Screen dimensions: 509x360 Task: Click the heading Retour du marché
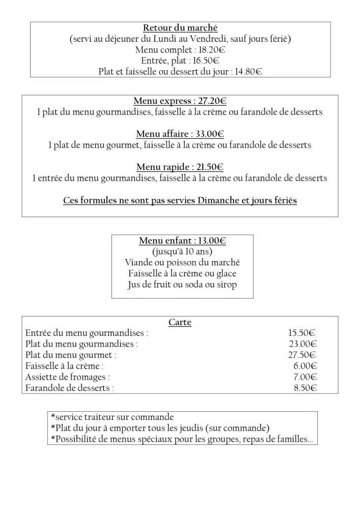(180, 28)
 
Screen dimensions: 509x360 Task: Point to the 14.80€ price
(248, 72)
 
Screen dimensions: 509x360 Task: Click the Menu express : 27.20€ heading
(180, 101)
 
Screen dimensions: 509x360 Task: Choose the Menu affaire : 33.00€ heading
(180, 134)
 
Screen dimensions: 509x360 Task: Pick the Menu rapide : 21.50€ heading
(180, 167)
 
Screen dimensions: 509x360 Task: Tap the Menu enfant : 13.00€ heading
(182, 241)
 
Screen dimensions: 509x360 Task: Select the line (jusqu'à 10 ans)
(182, 251)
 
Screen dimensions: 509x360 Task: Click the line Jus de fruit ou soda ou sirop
(182, 285)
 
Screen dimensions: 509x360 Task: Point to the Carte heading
(180, 322)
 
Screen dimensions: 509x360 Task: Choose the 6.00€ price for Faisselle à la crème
(305, 366)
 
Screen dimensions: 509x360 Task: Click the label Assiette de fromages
(67, 377)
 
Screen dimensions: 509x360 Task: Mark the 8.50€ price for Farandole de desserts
(305, 388)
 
